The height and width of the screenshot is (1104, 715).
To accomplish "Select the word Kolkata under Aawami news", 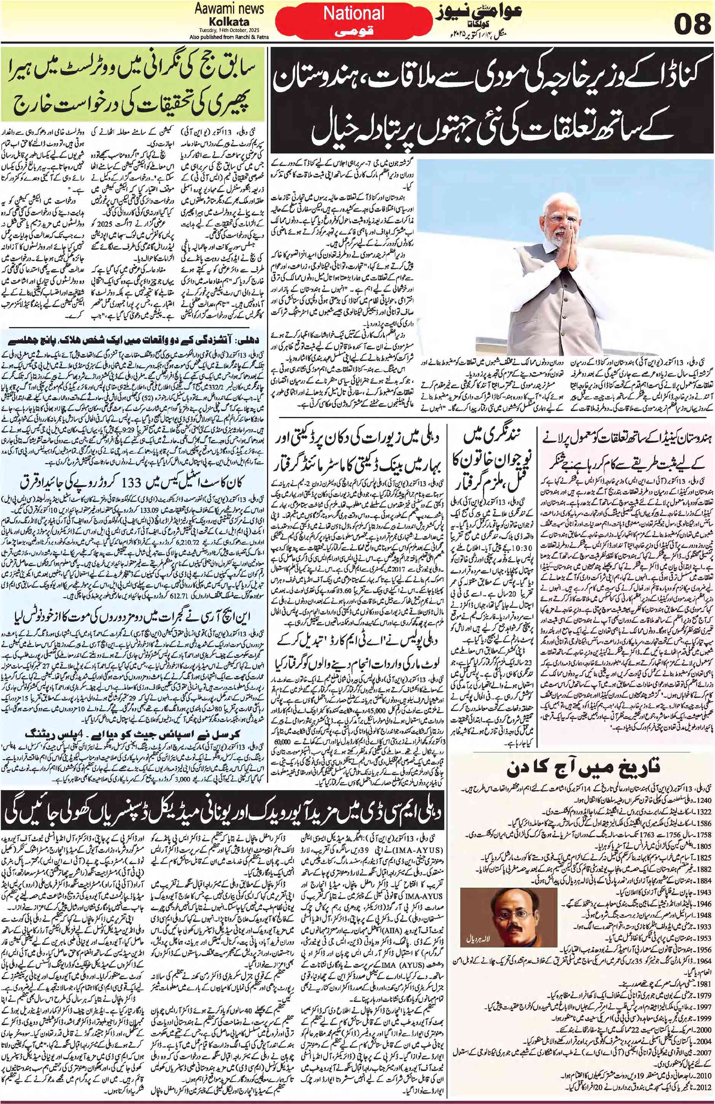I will pos(229,21).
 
